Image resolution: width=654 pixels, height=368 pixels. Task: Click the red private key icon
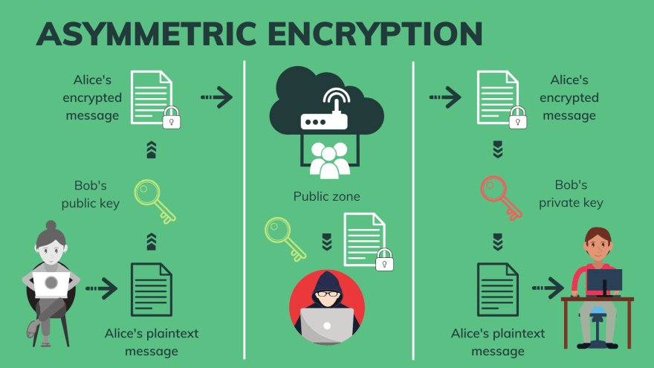[501, 198]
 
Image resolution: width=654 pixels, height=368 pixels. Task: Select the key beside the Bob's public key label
[155, 199]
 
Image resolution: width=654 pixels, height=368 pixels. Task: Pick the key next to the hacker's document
[285, 237]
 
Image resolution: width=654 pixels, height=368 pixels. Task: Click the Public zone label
[327, 196]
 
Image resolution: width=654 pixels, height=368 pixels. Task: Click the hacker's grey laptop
[327, 325]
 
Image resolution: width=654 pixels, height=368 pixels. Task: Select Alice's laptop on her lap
[51, 283]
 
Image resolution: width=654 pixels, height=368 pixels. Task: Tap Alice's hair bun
[51, 225]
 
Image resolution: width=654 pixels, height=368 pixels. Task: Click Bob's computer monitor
[603, 281]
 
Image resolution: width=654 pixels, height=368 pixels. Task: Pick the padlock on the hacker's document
[384, 259]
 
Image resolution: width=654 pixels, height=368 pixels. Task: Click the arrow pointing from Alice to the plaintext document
[102, 287]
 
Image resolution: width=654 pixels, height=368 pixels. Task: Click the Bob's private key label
[571, 193]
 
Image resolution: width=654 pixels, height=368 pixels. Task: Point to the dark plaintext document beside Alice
[151, 289]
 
